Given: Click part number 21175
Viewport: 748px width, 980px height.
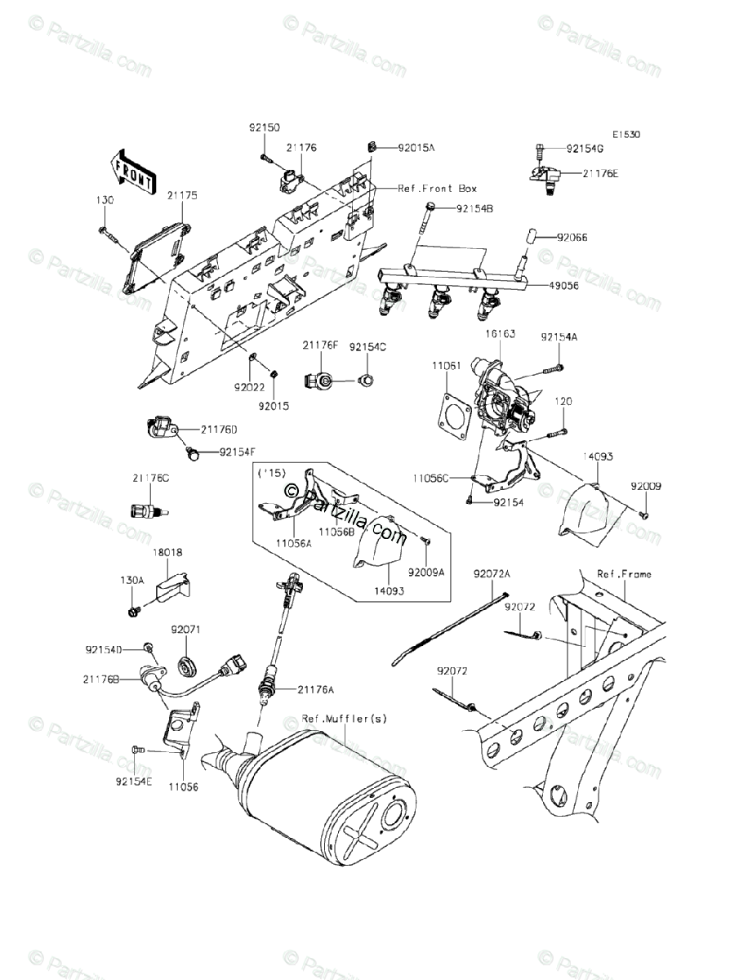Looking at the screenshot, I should click(183, 196).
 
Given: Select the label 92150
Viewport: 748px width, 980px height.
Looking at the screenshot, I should click(265, 127).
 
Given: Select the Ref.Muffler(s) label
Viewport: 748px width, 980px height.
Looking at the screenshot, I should click(344, 719).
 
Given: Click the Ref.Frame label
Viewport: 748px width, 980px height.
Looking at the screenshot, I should click(624, 574).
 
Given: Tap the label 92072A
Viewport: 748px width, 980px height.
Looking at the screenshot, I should click(492, 574).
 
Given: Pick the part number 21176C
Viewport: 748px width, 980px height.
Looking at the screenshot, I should click(149, 478).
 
